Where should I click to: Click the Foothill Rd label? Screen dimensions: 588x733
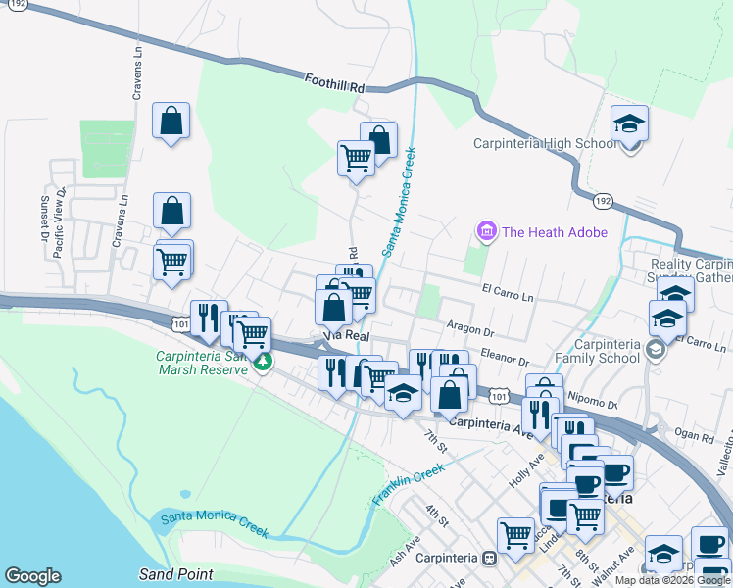(334, 84)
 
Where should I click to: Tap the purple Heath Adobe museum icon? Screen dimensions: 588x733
(485, 232)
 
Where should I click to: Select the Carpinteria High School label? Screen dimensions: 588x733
(545, 143)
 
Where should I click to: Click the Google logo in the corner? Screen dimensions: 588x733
(32, 576)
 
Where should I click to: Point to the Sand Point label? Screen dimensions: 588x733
(169, 574)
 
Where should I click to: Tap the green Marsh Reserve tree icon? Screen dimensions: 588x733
(263, 363)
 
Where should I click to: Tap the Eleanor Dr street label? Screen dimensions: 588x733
(504, 360)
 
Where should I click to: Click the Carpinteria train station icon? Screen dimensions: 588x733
(488, 558)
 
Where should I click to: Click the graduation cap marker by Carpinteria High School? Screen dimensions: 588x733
(630, 123)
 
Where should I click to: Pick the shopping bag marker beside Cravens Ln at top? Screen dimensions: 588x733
(171, 122)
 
